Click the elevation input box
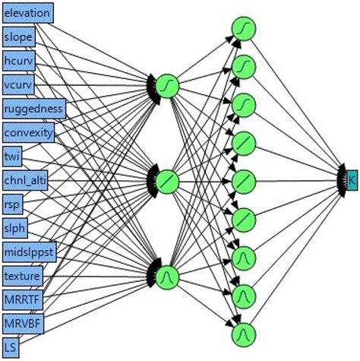pos(27,13)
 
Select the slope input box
pos(18,36)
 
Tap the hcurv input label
pos(19,61)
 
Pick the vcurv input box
pos(19,84)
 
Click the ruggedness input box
pos(34,108)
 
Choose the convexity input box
pos(29,132)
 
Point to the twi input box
pos(13,156)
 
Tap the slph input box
pos(15,227)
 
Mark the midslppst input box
pos(28,252)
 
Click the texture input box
pos(22,275)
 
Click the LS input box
pos(11,347)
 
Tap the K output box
pos(352,179)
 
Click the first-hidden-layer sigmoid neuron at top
pos(168,86)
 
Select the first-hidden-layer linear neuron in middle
pos(168,181)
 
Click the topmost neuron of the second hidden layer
pos(244,28)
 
